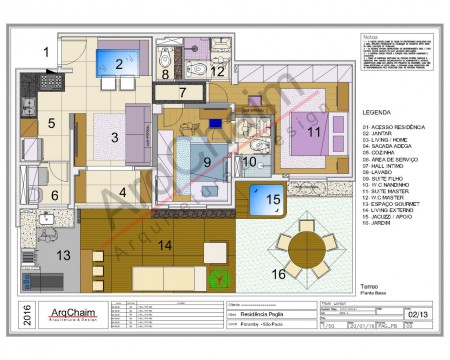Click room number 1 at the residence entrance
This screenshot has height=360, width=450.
(x=44, y=50)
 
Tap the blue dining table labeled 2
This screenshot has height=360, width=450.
(x=119, y=65)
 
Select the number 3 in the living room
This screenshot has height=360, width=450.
(x=115, y=137)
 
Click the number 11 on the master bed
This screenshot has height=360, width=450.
(x=313, y=131)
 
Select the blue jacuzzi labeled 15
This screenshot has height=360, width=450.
(x=272, y=200)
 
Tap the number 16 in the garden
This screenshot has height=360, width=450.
(x=279, y=271)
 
